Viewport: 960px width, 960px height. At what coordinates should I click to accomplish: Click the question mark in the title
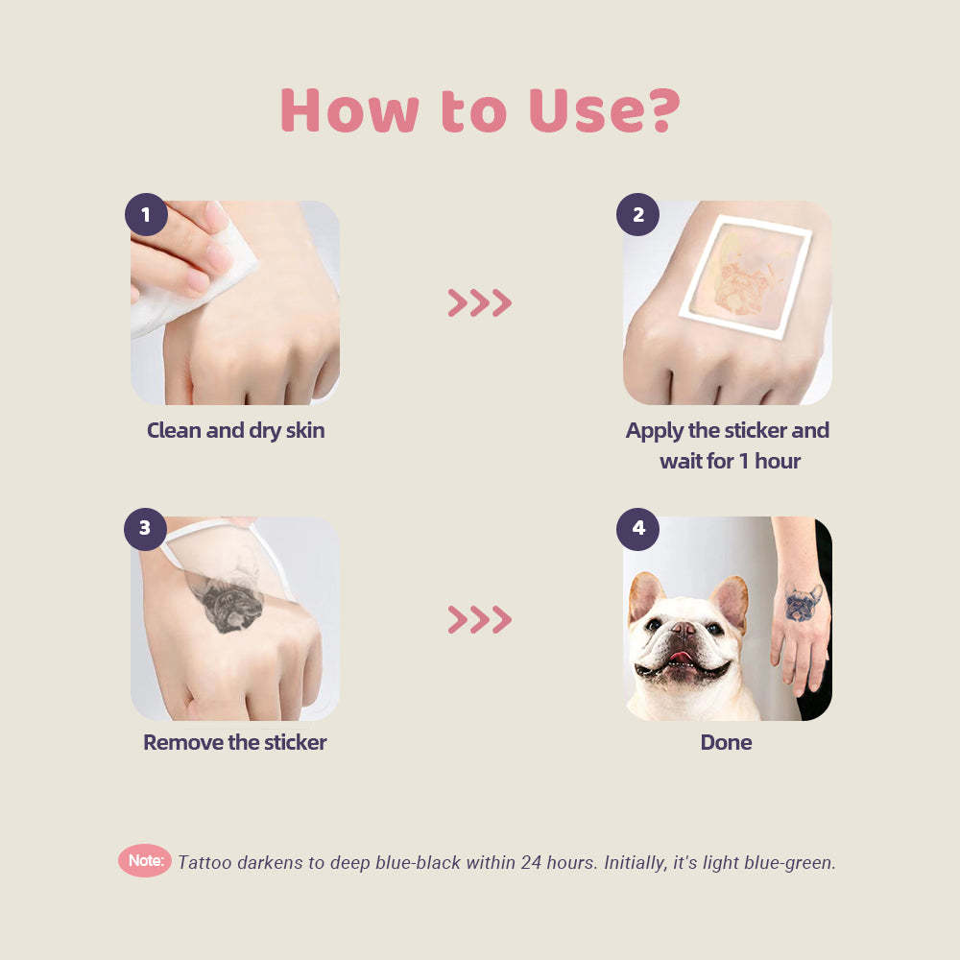pos(665,110)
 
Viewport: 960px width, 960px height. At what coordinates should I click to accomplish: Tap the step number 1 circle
pos(146,215)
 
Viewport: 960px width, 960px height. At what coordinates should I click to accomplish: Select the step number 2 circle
pos(638,215)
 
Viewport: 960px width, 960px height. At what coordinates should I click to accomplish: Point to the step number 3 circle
pos(145,529)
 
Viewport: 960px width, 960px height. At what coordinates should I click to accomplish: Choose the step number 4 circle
pos(638,529)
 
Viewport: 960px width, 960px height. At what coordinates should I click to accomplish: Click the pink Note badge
pos(145,861)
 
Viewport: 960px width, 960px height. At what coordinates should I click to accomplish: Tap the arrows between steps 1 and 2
pos(479,302)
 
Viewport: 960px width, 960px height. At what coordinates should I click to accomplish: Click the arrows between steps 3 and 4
pos(479,619)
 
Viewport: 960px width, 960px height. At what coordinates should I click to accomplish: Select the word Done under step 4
pos(726,742)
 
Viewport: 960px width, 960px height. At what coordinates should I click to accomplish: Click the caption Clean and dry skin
pos(236,430)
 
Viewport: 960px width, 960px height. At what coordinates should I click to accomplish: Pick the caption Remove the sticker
pos(235,742)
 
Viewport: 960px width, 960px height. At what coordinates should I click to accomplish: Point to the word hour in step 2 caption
pos(778,461)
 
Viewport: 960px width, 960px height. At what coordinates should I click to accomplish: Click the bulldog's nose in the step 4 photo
pos(682,629)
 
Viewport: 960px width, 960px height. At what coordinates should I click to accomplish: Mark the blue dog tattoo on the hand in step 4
pos(803,603)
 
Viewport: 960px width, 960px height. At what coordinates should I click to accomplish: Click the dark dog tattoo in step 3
pos(229,602)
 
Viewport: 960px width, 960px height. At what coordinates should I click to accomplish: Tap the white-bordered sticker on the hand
pos(746,276)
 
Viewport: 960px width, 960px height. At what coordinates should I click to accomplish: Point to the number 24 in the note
pos(532,862)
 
